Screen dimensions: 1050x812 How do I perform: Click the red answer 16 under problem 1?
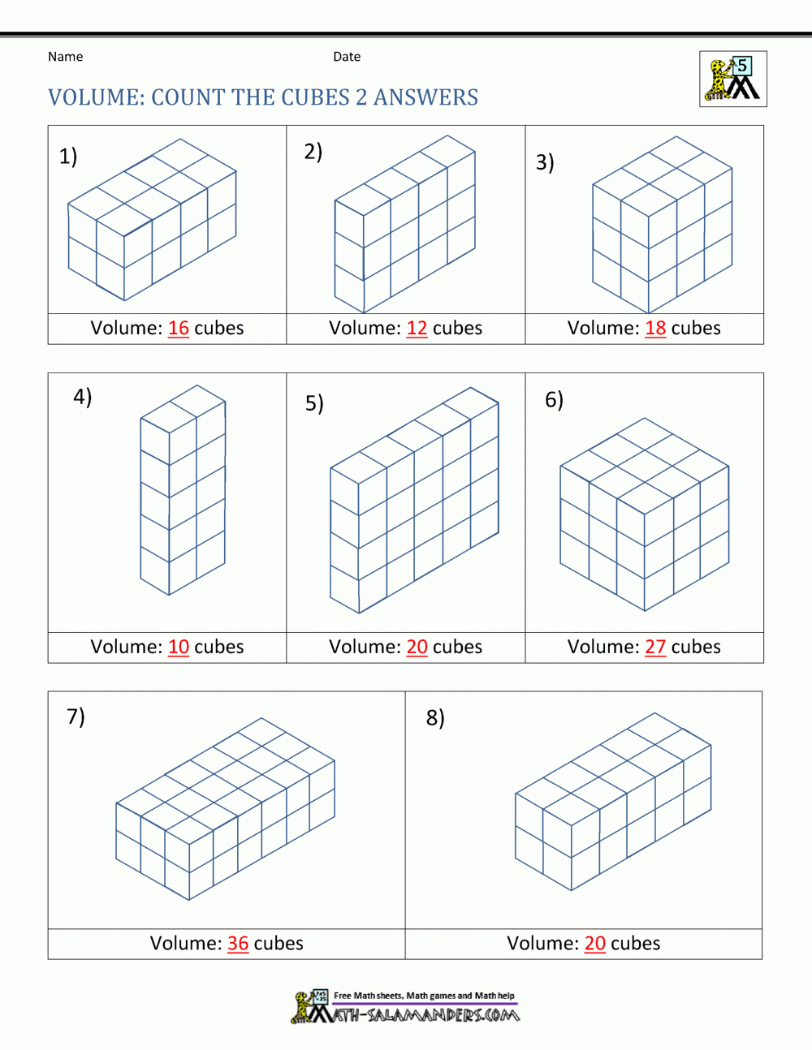tap(179, 328)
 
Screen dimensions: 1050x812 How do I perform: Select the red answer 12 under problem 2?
tap(417, 328)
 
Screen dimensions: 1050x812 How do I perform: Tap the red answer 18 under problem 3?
tap(655, 328)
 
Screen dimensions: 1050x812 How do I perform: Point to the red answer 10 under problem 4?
tap(179, 647)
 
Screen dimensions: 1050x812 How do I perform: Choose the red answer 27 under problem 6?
tap(655, 647)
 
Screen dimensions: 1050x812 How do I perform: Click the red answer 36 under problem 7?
tap(238, 943)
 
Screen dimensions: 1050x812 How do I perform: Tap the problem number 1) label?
tap(68, 156)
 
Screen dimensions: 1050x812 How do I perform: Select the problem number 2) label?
tap(313, 152)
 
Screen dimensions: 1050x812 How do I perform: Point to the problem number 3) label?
tap(545, 162)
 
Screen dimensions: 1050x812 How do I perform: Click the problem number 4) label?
tap(83, 397)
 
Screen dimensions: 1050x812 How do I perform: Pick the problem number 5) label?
tap(314, 403)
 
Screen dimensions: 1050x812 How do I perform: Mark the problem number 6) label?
tap(554, 400)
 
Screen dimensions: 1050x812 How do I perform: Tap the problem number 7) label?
tap(76, 716)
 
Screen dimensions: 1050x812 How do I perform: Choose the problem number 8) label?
tap(435, 718)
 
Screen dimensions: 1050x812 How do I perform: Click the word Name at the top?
tap(65, 57)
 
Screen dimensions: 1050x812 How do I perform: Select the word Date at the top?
tap(347, 57)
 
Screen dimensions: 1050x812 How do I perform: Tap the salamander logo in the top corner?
tap(733, 80)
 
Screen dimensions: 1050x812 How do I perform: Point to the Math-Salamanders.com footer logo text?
tap(414, 1013)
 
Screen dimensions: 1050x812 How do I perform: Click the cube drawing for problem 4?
tap(183, 490)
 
